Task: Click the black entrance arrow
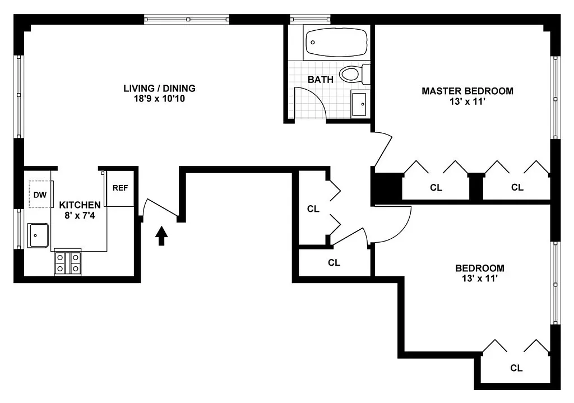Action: point(161,236)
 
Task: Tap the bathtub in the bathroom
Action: point(336,41)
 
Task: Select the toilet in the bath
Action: point(354,74)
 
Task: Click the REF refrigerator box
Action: point(120,188)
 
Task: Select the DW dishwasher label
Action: point(39,195)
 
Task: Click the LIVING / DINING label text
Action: point(159,88)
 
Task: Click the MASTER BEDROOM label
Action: point(467,91)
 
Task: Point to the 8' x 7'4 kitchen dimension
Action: point(80,216)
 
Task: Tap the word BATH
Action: point(320,80)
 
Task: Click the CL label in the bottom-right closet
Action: point(516,368)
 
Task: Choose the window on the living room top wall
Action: point(187,19)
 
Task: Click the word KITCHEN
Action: point(80,205)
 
